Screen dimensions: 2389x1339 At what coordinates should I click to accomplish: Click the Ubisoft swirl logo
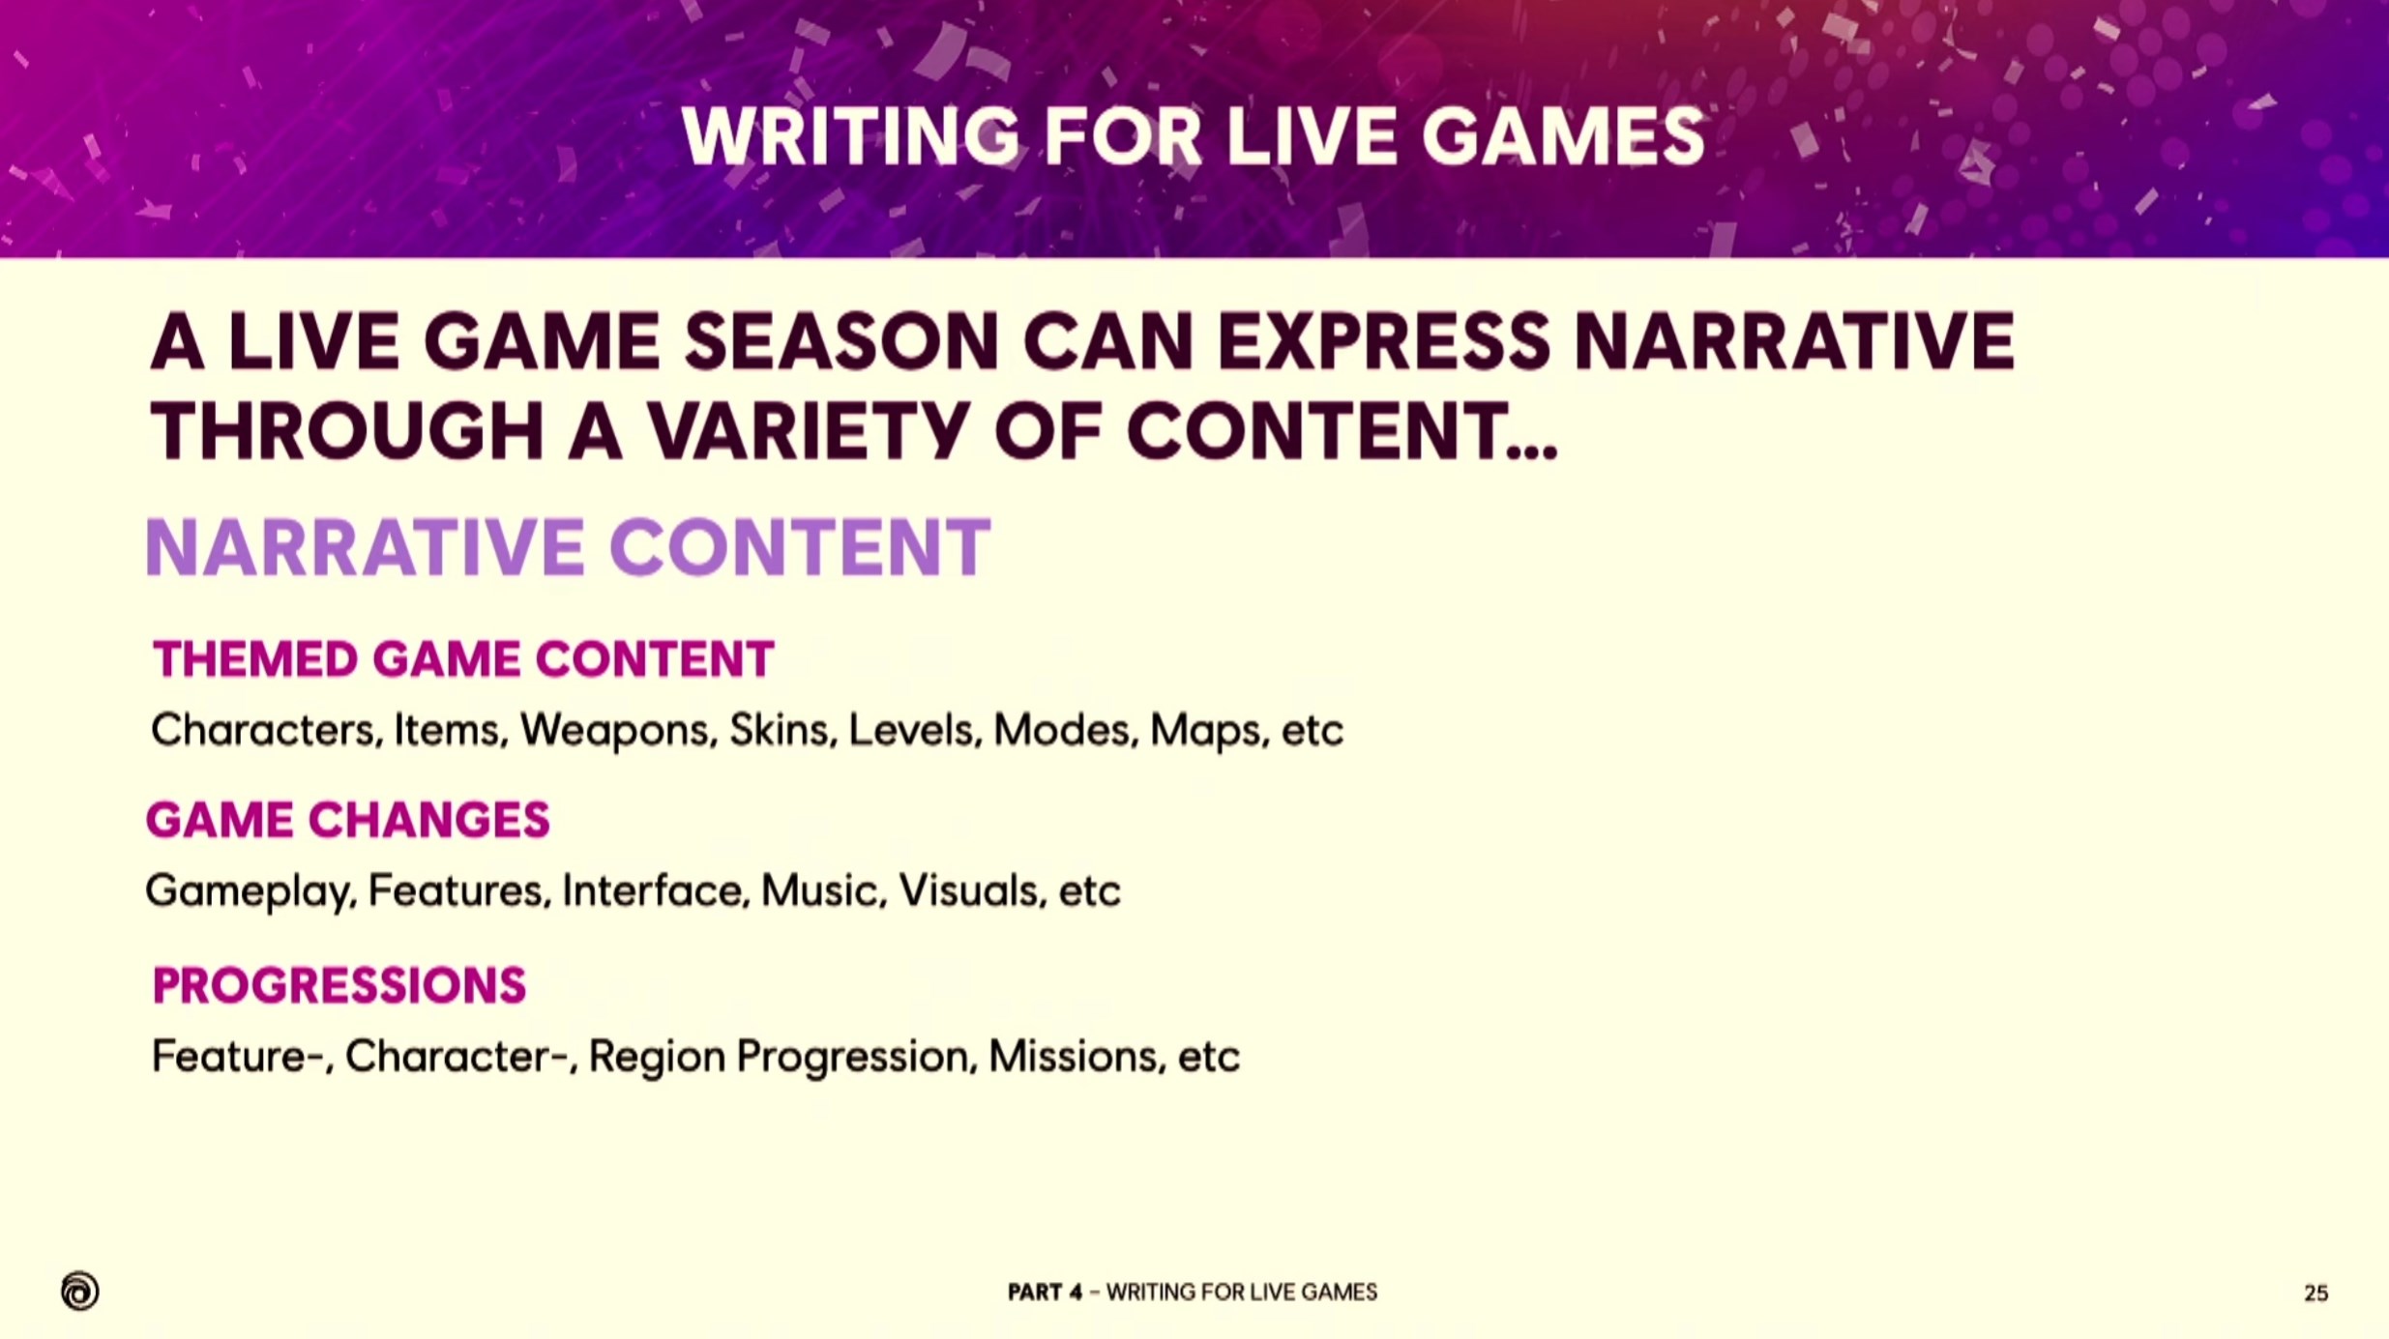(79, 1291)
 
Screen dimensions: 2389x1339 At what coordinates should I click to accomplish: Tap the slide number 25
(2315, 1294)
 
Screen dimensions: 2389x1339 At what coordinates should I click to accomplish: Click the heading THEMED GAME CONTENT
(463, 660)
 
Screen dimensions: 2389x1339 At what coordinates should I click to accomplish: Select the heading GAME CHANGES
(347, 821)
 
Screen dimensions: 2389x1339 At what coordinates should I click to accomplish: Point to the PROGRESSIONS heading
(339, 986)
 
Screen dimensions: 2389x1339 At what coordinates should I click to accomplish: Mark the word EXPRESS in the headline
(1384, 342)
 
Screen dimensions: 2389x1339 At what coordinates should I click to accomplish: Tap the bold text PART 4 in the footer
(1045, 1293)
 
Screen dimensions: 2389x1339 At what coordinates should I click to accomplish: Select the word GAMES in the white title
(1562, 137)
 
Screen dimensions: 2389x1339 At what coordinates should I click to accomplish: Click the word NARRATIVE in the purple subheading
(366, 547)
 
